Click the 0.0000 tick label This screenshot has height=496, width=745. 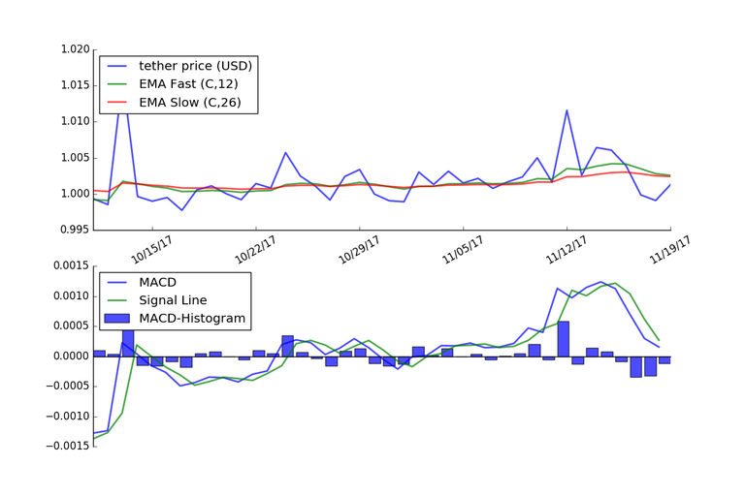coord(69,356)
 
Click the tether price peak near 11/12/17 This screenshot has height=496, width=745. coord(567,109)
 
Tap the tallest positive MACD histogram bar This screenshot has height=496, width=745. coord(564,338)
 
